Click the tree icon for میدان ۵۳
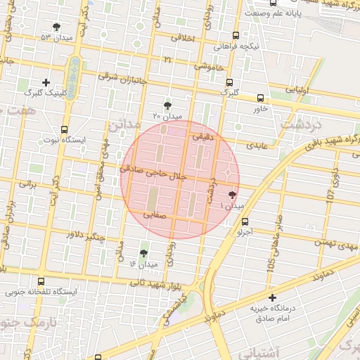(x=56, y=27)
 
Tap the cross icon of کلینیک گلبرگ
(x=46, y=83)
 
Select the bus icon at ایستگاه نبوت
(x=65, y=130)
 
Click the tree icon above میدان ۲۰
(x=167, y=105)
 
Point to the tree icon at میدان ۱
(x=233, y=195)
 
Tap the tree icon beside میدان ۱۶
(x=144, y=253)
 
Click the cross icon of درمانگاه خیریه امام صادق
(x=273, y=298)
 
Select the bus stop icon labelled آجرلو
(x=245, y=221)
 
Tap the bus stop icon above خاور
(x=261, y=98)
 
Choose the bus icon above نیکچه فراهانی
(x=236, y=35)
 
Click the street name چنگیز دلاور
(x=85, y=236)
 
